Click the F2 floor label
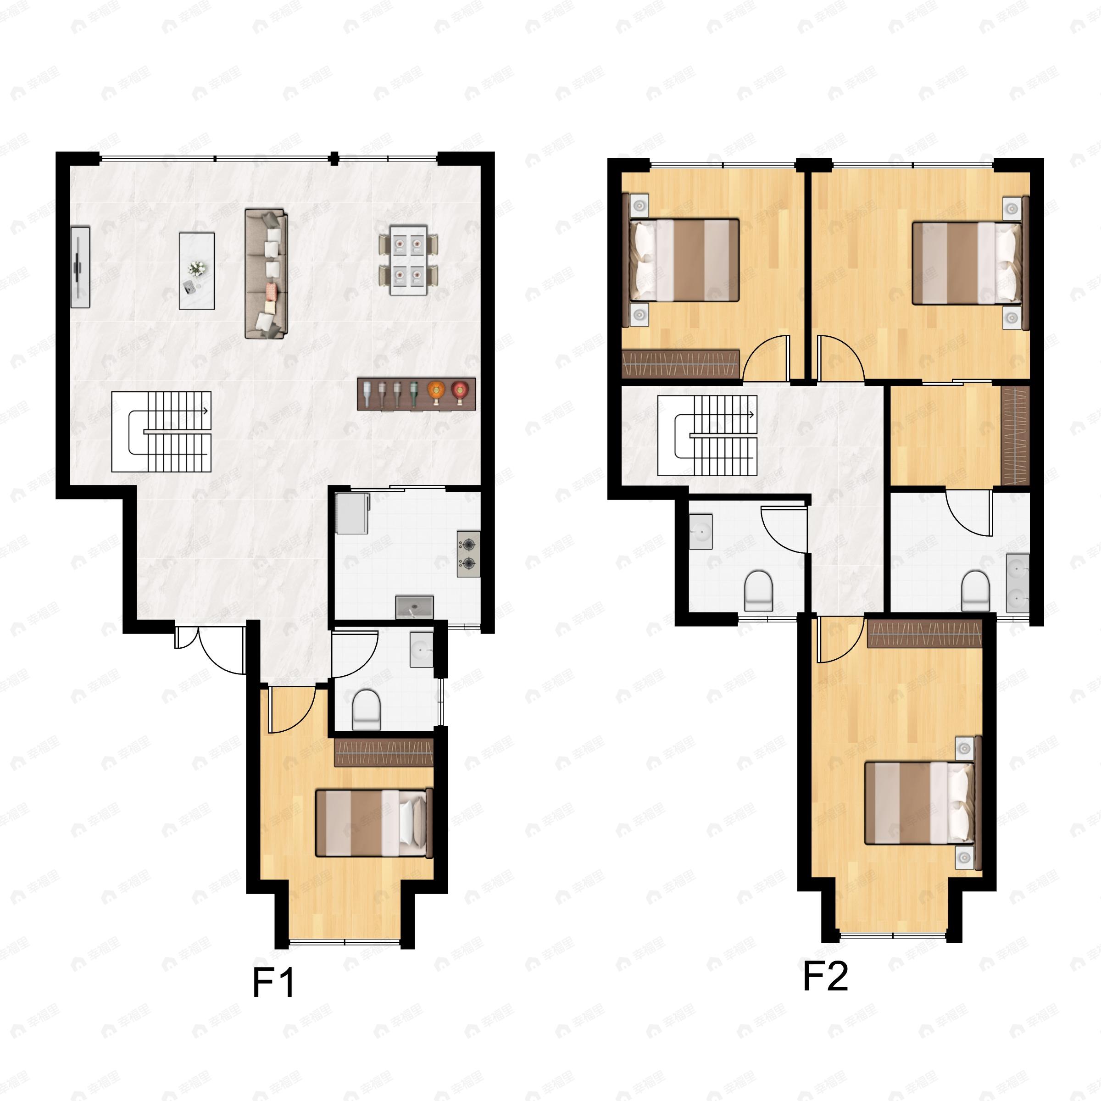(825, 976)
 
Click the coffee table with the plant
(197, 271)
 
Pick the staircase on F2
(707, 435)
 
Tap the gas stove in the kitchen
(468, 554)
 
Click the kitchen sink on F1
(414, 607)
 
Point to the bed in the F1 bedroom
(374, 823)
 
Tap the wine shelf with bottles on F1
(416, 393)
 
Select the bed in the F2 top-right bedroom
(967, 263)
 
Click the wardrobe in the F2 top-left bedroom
(680, 364)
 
